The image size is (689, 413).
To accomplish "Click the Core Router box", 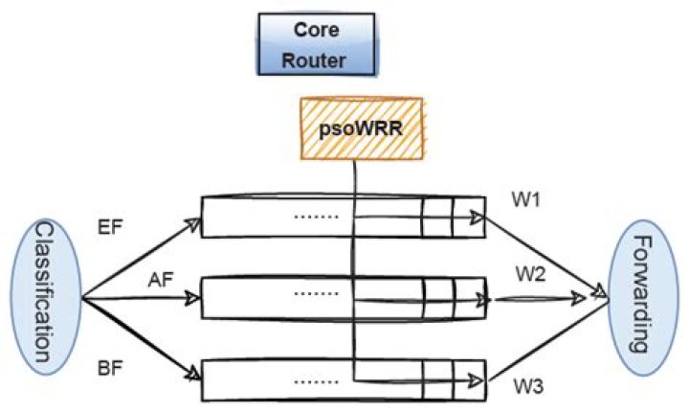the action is coord(317,44).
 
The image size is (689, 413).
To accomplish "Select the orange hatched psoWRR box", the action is coord(362,128).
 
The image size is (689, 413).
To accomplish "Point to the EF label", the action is coord(110,228).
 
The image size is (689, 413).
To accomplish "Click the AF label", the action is coord(161,280).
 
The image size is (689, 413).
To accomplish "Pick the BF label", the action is coord(109,368).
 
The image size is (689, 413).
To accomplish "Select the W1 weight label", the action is coord(525,200).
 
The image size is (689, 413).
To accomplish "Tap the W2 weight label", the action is coord(530,275).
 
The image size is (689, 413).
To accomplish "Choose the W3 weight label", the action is coord(528,387).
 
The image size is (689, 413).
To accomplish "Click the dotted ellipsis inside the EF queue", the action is coord(317,217).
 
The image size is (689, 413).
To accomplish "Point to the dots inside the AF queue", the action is coord(317,293).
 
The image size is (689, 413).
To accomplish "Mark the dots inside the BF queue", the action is coord(317,381).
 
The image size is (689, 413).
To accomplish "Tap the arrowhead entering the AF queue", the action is coord(192,298).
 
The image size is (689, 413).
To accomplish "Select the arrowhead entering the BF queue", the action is coord(193,375).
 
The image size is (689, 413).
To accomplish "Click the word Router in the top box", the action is coord(314,60).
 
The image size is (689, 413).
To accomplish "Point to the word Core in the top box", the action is coord(317,30).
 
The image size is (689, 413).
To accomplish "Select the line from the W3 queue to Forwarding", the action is coord(548,341).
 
